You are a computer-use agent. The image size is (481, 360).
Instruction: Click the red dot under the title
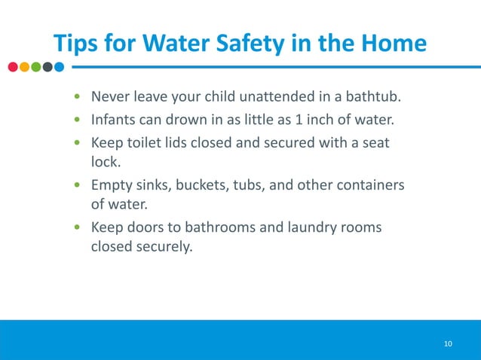13,66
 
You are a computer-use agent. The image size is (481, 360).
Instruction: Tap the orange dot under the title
24,66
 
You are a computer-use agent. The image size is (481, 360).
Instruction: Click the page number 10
448,344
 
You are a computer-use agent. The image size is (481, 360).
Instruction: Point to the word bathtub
371,98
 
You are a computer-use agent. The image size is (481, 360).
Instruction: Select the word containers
369,185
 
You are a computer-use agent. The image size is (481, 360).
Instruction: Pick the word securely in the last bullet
161,246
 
